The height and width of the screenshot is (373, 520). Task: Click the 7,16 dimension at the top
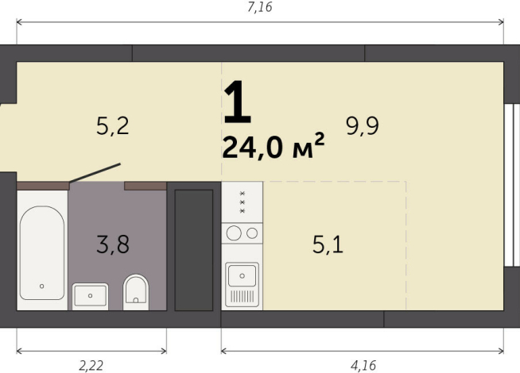pyautogui.click(x=261, y=8)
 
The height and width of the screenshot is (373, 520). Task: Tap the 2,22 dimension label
pyautogui.click(x=91, y=366)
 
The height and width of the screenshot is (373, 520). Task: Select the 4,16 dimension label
pyautogui.click(x=363, y=366)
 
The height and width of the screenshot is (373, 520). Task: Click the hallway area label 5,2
pyautogui.click(x=112, y=125)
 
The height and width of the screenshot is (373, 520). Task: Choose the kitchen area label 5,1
pyautogui.click(x=328, y=245)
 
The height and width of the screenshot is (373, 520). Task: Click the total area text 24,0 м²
pyautogui.click(x=274, y=148)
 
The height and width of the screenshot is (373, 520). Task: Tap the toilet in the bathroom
pyautogui.click(x=137, y=291)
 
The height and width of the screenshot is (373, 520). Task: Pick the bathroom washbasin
pyautogui.click(x=90, y=295)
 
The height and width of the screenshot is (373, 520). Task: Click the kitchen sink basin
pyautogui.click(x=242, y=275)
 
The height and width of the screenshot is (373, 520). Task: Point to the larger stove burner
pyautogui.click(x=235, y=233)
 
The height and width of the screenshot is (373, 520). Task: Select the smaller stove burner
pyautogui.click(x=252, y=233)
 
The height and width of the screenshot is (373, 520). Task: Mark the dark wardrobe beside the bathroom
pyautogui.click(x=193, y=249)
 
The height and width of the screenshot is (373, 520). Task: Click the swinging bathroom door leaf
pyautogui.click(x=95, y=173)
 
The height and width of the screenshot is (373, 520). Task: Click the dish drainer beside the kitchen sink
pyautogui.click(x=242, y=298)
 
